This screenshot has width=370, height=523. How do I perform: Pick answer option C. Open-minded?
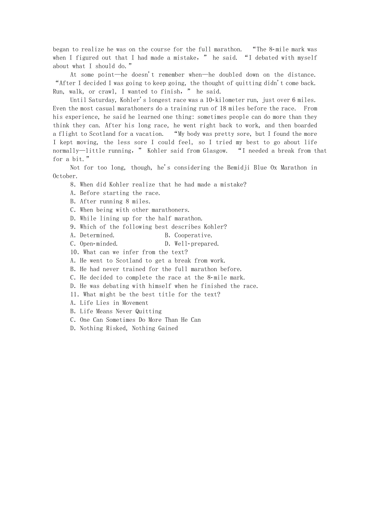pos(94,244)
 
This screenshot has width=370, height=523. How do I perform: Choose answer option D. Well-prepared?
pos(192,244)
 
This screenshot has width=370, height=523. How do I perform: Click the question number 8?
pos(73,185)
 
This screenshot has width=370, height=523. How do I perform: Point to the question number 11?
pos(74,294)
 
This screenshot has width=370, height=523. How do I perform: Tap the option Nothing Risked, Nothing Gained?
pos(124,328)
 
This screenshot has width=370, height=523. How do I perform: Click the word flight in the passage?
pos(68,134)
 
